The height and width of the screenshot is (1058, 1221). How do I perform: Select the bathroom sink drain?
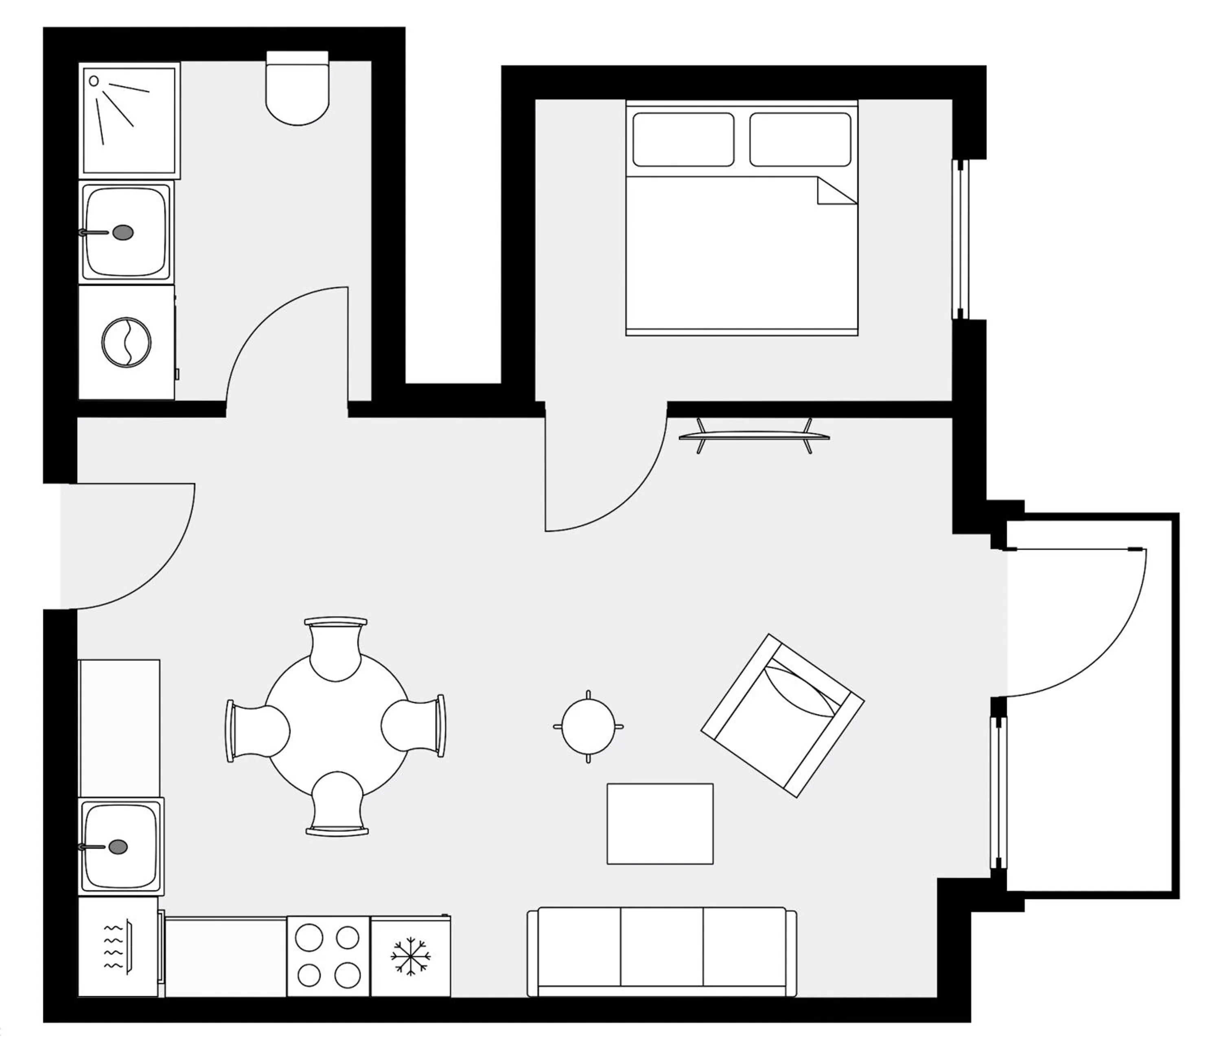pos(123,233)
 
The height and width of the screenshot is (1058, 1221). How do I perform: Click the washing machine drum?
pos(126,343)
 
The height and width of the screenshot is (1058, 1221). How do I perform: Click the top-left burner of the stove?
pos(309,937)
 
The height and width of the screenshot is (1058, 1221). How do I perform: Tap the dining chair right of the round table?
pos(413,726)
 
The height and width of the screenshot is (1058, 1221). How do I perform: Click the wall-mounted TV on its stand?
pos(754,436)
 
